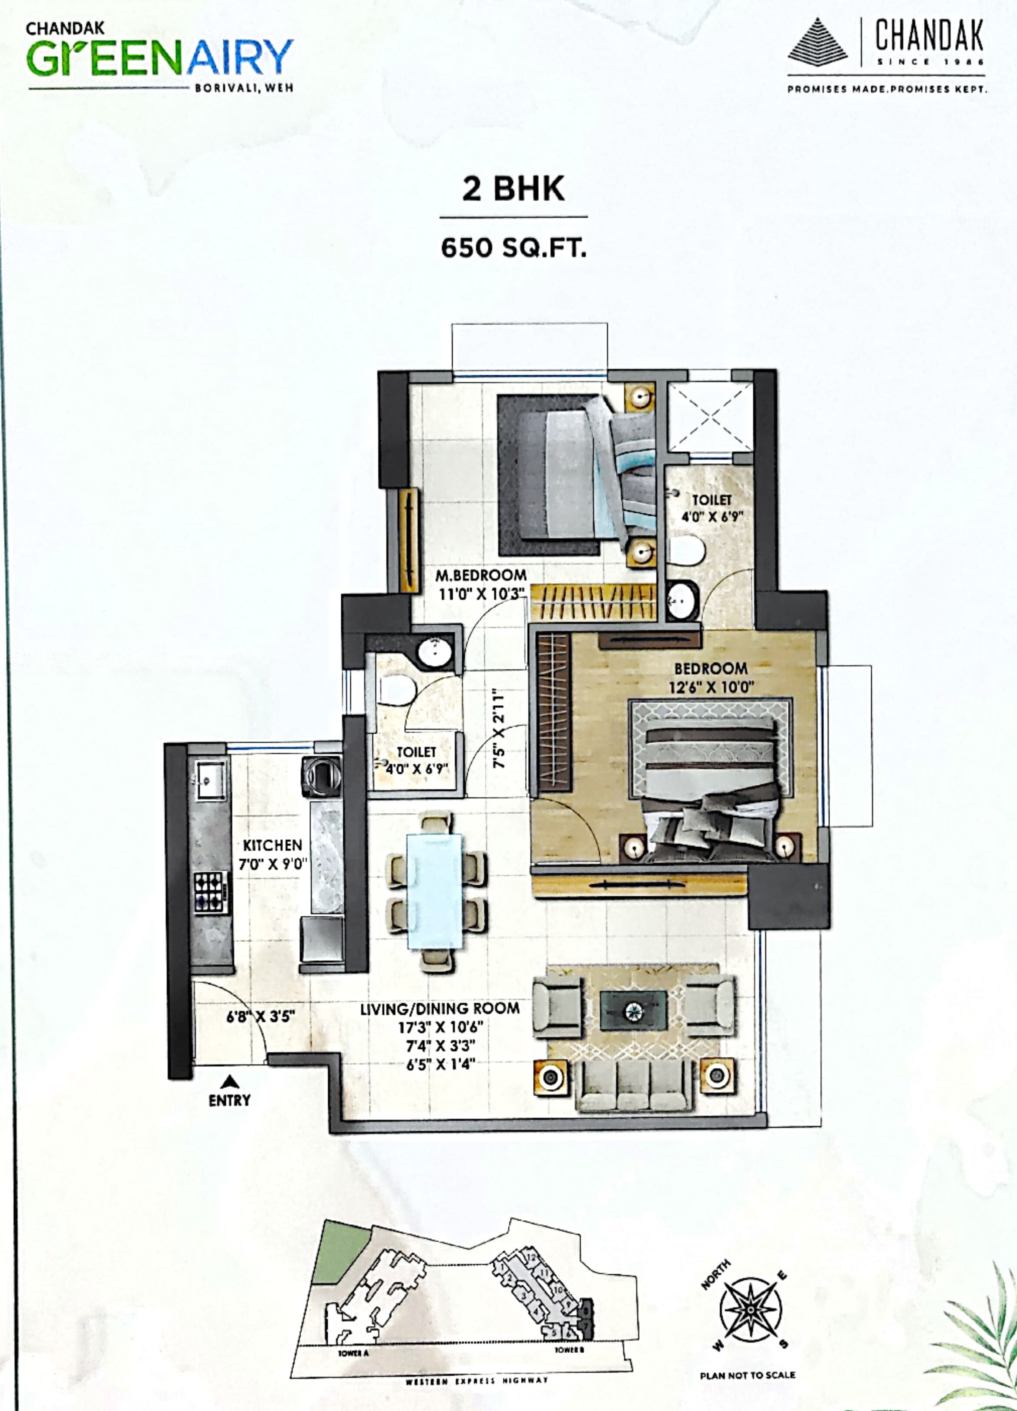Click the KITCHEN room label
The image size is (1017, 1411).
click(272, 845)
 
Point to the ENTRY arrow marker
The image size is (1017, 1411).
click(229, 1081)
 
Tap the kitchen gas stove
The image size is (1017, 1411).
click(209, 892)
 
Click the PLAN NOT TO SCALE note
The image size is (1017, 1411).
click(747, 1375)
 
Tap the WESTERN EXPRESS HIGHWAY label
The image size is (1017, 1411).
click(477, 1398)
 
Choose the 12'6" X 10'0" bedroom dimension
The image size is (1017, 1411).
click(711, 687)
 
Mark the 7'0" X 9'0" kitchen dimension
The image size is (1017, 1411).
click(272, 864)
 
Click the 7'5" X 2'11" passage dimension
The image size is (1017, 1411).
click(499, 727)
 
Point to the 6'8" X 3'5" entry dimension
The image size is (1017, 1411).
click(260, 1017)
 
